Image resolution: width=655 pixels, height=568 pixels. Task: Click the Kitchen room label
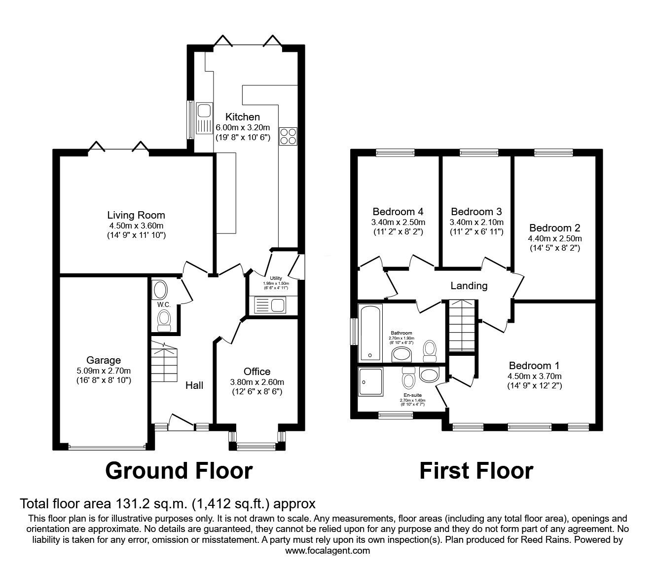pyautogui.click(x=242, y=117)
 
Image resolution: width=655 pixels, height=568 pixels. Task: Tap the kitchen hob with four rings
pyautogui.click(x=288, y=136)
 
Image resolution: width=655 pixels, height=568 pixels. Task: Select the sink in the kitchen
pyautogui.click(x=204, y=117)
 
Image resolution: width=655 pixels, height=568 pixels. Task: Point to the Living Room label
pyautogui.click(x=136, y=215)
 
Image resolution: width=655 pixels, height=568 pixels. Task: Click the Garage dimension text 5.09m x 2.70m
pyautogui.click(x=104, y=371)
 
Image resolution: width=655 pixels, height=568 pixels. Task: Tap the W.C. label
pyautogui.click(x=164, y=305)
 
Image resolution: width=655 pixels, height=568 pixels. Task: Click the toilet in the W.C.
pyautogui.click(x=164, y=321)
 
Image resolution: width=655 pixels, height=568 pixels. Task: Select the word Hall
pyautogui.click(x=194, y=385)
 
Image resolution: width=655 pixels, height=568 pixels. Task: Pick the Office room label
pyautogui.click(x=257, y=372)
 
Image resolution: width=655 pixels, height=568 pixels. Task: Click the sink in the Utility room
pyautogui.click(x=270, y=305)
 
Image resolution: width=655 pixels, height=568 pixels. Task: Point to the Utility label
pyautogui.click(x=276, y=278)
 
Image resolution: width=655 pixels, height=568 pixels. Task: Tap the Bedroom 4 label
pyautogui.click(x=398, y=212)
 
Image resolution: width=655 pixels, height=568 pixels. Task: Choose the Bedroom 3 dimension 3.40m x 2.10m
pyautogui.click(x=476, y=223)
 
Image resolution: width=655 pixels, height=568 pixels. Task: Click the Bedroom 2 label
pyautogui.click(x=554, y=227)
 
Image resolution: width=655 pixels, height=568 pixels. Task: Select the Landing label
pyautogui.click(x=469, y=286)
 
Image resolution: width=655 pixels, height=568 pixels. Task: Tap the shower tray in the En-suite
pyautogui.click(x=370, y=382)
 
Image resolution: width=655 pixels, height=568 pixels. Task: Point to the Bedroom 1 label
pyautogui.click(x=534, y=366)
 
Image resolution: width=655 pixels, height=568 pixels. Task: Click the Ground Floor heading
pyautogui.click(x=179, y=471)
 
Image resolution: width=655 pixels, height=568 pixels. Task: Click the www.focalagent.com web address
pyautogui.click(x=327, y=559)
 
